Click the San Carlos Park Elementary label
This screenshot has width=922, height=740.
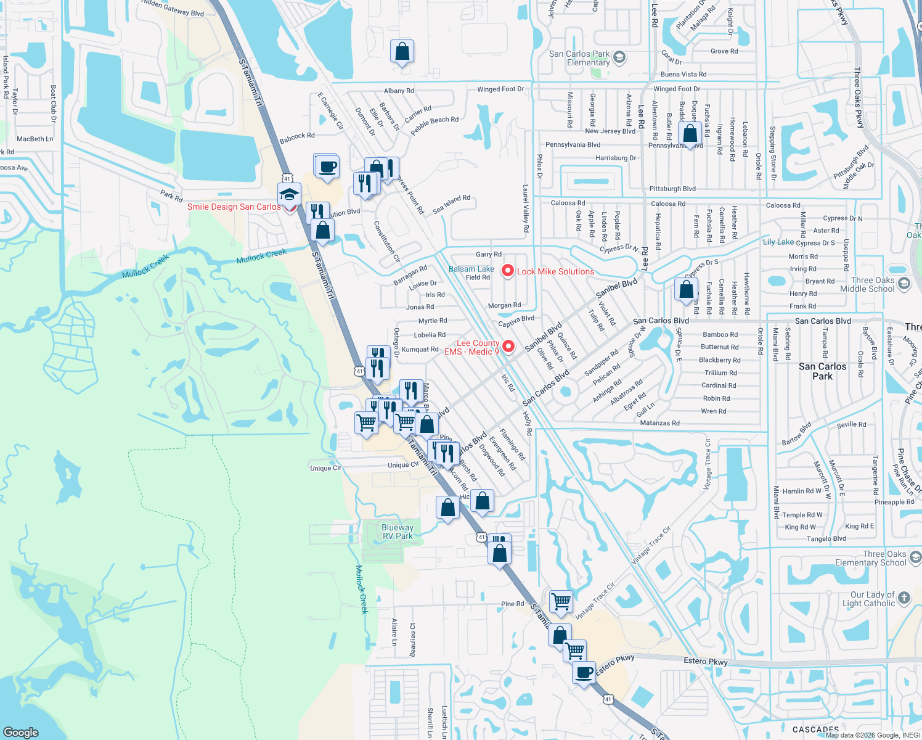click(x=587, y=58)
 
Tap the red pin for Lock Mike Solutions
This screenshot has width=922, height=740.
click(x=507, y=271)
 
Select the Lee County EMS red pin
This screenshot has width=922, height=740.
click(x=508, y=347)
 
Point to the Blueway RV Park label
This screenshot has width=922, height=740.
click(x=397, y=532)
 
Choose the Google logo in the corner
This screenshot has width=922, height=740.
click(x=21, y=732)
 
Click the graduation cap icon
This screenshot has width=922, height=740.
click(x=288, y=194)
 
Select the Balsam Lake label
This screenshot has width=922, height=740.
click(x=471, y=269)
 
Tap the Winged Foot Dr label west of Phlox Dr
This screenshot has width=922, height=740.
click(x=500, y=89)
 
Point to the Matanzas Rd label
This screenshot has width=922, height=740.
click(x=659, y=423)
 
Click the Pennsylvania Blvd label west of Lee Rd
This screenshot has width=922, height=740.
click(x=573, y=145)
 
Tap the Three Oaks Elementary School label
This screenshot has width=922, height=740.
click(x=870, y=558)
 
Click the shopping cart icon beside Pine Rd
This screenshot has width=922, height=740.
click(x=561, y=601)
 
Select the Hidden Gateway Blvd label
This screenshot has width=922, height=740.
click(x=172, y=8)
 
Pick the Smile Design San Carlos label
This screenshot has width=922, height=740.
click(x=234, y=207)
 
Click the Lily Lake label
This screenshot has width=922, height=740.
click(x=778, y=242)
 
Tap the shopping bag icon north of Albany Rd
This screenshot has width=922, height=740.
click(x=402, y=52)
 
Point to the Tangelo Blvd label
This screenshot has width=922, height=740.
click(x=826, y=538)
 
